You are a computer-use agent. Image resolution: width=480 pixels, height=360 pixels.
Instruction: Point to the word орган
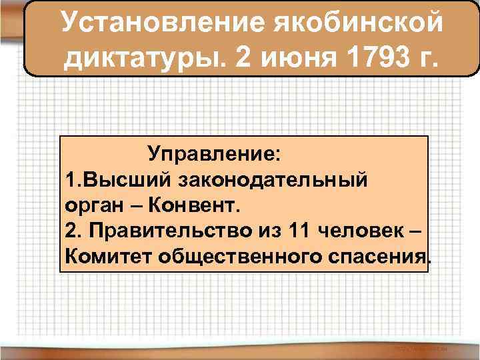pyautogui.click(x=93, y=206)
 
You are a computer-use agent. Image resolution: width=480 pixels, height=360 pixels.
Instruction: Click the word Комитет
pyautogui.click(x=110, y=257)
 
